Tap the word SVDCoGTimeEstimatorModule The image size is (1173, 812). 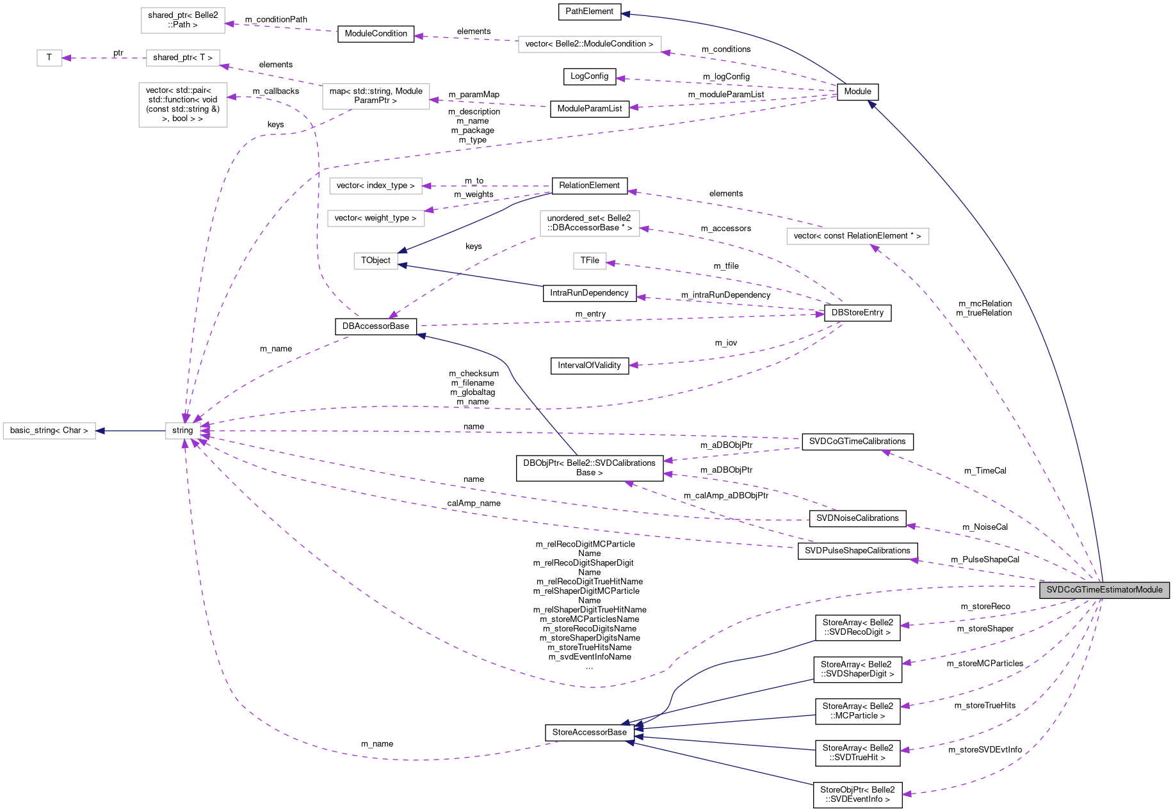(x=1104, y=590)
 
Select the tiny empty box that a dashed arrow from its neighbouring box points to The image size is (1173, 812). (x=49, y=58)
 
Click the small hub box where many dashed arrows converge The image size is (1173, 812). (x=182, y=431)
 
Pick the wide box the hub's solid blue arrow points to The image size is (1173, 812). (x=49, y=431)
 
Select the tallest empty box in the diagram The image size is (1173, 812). (x=183, y=105)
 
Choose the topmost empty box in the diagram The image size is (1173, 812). (x=183, y=20)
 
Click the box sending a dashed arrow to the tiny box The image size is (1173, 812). (x=183, y=58)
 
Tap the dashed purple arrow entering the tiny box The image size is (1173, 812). (x=102, y=58)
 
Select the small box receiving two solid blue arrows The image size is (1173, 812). (x=376, y=261)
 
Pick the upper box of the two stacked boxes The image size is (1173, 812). (x=376, y=186)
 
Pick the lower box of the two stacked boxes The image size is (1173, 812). (x=376, y=218)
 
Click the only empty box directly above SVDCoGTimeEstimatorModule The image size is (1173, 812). (x=857, y=236)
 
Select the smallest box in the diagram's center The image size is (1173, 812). (x=590, y=261)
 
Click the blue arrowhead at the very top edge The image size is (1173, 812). (x=625, y=13)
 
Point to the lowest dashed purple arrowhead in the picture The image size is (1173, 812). (x=906, y=794)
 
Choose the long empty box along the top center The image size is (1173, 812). (x=590, y=44)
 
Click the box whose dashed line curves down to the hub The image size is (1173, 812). (x=376, y=97)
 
